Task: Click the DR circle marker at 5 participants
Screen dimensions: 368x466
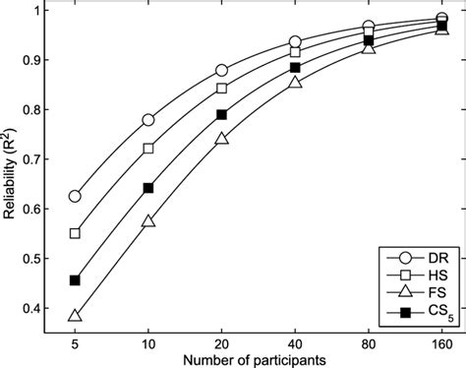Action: [75, 197]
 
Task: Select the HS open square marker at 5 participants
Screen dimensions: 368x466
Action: [75, 234]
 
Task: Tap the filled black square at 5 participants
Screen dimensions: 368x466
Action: [75, 280]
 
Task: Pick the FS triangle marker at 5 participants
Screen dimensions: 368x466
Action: [75, 316]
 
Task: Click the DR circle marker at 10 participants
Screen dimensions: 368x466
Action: [148, 120]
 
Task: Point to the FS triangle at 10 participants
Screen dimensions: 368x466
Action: [148, 221]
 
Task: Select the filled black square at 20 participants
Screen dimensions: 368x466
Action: [221, 115]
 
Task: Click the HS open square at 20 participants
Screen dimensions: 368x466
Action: [221, 89]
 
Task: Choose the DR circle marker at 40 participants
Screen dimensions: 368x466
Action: [295, 42]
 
